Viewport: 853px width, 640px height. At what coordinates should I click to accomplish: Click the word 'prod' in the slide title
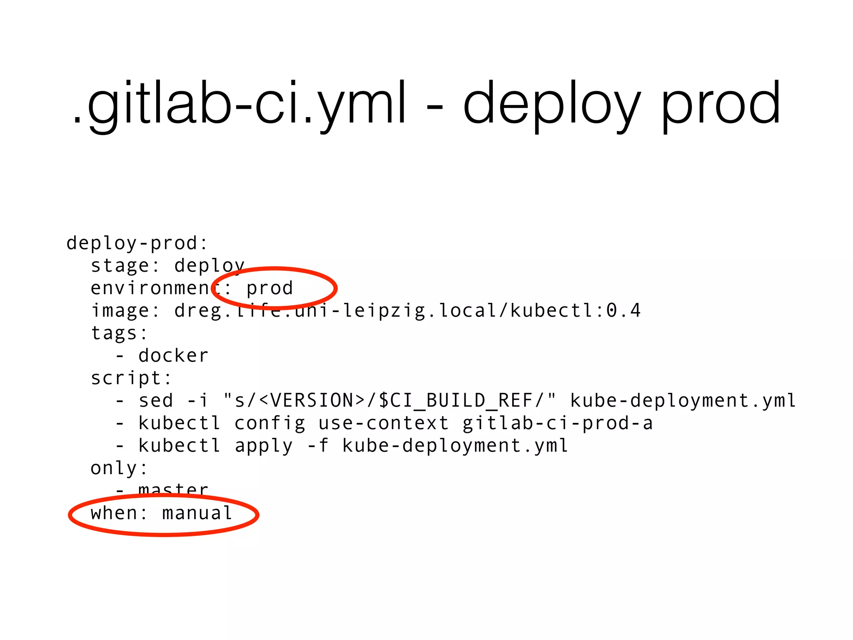(x=721, y=104)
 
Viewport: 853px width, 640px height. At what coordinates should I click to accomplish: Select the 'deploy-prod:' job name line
(x=137, y=243)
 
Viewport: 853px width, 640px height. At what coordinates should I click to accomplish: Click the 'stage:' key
(x=125, y=266)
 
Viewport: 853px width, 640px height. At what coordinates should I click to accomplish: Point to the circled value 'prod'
(x=270, y=288)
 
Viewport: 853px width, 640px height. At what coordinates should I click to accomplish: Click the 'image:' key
(x=125, y=311)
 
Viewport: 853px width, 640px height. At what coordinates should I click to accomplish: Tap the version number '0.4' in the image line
(x=623, y=310)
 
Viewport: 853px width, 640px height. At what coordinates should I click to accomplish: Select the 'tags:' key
(x=119, y=333)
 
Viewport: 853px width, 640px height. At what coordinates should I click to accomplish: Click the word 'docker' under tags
(x=173, y=356)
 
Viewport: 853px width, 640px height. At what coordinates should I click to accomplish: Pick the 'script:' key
(x=131, y=378)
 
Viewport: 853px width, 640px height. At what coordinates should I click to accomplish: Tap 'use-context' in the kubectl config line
(x=384, y=423)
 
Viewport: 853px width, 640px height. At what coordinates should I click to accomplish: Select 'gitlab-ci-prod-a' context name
(x=557, y=423)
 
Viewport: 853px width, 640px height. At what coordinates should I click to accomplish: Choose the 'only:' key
(x=119, y=468)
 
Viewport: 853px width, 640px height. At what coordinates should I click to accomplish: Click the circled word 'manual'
(x=197, y=513)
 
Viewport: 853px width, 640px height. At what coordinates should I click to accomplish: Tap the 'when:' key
(x=119, y=513)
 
